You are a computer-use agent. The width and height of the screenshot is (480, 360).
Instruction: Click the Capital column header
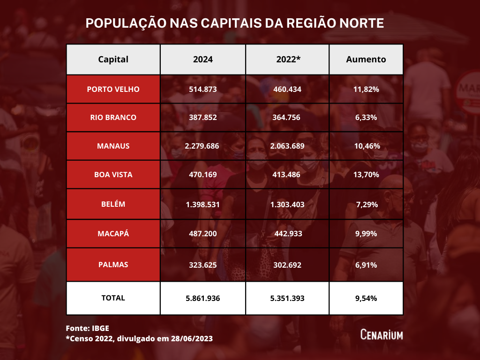[x=113, y=60]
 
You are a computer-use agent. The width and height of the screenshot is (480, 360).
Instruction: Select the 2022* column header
[x=287, y=60]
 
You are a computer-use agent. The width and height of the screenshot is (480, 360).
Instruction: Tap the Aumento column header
[x=366, y=60]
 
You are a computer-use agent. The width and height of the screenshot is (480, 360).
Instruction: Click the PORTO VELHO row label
[x=113, y=89]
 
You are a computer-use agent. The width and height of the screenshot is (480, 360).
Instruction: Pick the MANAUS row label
[x=113, y=146]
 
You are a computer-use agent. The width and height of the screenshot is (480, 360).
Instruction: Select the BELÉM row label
[x=113, y=204]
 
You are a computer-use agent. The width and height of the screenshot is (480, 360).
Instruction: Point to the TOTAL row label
[x=113, y=298]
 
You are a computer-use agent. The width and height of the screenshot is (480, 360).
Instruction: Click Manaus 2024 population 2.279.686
[x=202, y=146]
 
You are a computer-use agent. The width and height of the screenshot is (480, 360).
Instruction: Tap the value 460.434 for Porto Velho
[x=287, y=89]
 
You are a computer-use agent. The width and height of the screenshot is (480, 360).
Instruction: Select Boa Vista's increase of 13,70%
[x=366, y=174]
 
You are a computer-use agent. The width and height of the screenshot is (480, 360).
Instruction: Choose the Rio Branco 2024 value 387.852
[x=202, y=117]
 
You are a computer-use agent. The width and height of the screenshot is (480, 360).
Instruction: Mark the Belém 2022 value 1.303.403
[x=287, y=204]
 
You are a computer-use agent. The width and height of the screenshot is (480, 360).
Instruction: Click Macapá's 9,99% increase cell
[x=366, y=233]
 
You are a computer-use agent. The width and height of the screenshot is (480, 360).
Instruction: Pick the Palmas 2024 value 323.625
[x=202, y=265]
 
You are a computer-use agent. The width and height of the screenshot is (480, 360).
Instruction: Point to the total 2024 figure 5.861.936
[x=202, y=298]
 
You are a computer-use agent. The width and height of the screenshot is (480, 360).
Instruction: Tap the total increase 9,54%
[x=366, y=298]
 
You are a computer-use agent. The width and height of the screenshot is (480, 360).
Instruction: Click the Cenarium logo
[x=382, y=334]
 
